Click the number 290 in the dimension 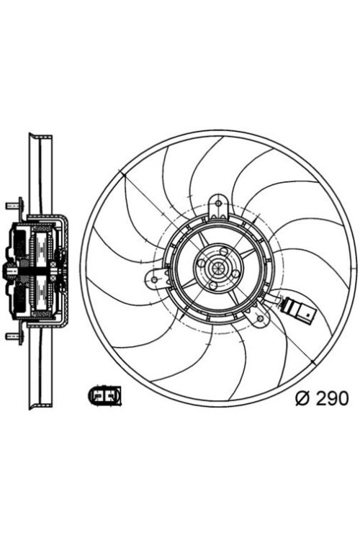point(331,397)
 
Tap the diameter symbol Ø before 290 point(302,397)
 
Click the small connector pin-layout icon point(104,395)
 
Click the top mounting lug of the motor point(217,209)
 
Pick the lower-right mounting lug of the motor point(257,314)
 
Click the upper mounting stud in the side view point(13,206)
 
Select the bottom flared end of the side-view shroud point(39,403)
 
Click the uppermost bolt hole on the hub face point(224,251)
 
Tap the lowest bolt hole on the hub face point(212,286)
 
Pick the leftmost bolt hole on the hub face point(201,263)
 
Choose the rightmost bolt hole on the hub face point(235,274)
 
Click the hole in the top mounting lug point(217,206)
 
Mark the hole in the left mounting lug point(154,279)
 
